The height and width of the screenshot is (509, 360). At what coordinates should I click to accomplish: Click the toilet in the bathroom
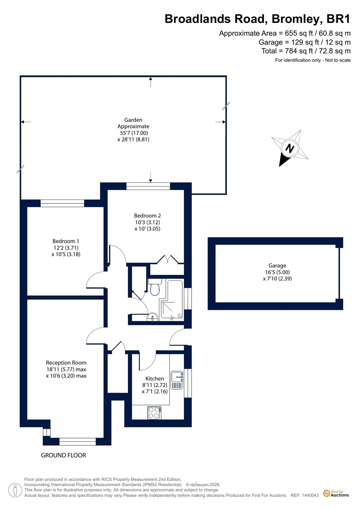(x=155, y=287)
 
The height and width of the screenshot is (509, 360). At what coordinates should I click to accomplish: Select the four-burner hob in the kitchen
(x=154, y=413)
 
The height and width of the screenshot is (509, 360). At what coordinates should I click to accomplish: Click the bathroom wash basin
(x=152, y=317)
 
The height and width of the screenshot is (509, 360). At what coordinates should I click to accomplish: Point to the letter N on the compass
(x=290, y=148)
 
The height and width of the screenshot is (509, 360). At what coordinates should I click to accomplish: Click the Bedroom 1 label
(x=66, y=241)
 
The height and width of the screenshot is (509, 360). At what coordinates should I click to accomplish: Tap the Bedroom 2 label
(x=147, y=216)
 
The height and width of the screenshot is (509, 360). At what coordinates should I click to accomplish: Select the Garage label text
(x=277, y=265)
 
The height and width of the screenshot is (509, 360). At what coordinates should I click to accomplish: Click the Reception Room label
(x=66, y=363)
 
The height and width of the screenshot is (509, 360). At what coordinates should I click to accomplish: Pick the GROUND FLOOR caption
(x=63, y=455)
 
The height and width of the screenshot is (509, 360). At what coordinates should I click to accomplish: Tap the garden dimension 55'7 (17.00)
(x=134, y=133)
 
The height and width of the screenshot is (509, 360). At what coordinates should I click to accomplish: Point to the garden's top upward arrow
(x=151, y=82)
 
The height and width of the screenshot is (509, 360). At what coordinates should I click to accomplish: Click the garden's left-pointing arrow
(x=26, y=122)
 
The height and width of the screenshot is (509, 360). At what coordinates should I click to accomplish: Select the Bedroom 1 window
(x=62, y=203)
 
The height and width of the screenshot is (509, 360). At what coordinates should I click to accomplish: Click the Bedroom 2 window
(x=148, y=186)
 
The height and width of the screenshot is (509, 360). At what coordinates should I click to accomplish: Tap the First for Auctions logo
(x=336, y=493)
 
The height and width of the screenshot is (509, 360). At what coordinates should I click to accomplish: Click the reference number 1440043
(x=310, y=495)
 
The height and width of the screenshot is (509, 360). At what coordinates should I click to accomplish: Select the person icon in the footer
(x=15, y=490)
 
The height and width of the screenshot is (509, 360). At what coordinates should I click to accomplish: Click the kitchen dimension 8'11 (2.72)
(x=155, y=385)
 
